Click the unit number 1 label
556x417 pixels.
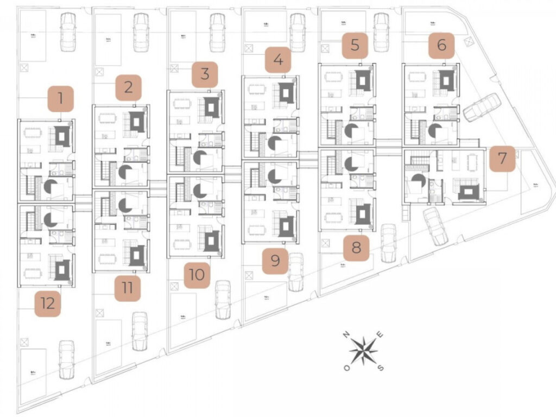(x=61, y=99)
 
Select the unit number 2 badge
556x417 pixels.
(x=128, y=88)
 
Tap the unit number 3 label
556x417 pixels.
(x=205, y=74)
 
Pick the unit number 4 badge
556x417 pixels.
(x=278, y=60)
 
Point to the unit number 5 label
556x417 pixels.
(x=355, y=45)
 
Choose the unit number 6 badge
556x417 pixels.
(x=441, y=45)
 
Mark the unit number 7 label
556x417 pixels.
(x=502, y=159)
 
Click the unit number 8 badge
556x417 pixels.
(x=356, y=248)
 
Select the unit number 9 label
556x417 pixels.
(x=275, y=261)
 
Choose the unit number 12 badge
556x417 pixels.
(x=48, y=304)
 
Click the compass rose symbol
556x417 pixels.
(x=363, y=351)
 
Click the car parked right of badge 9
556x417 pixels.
(x=296, y=271)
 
